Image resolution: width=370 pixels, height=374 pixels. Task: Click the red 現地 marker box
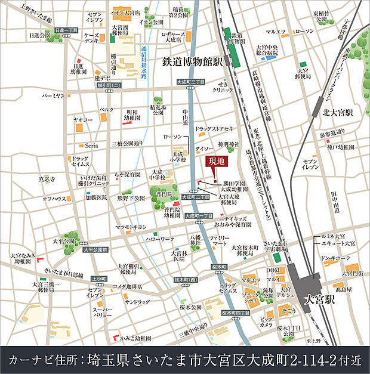point(215,161)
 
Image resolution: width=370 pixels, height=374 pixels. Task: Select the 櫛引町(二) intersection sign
point(92,86)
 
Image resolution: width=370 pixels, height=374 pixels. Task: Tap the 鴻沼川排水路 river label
point(143,63)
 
